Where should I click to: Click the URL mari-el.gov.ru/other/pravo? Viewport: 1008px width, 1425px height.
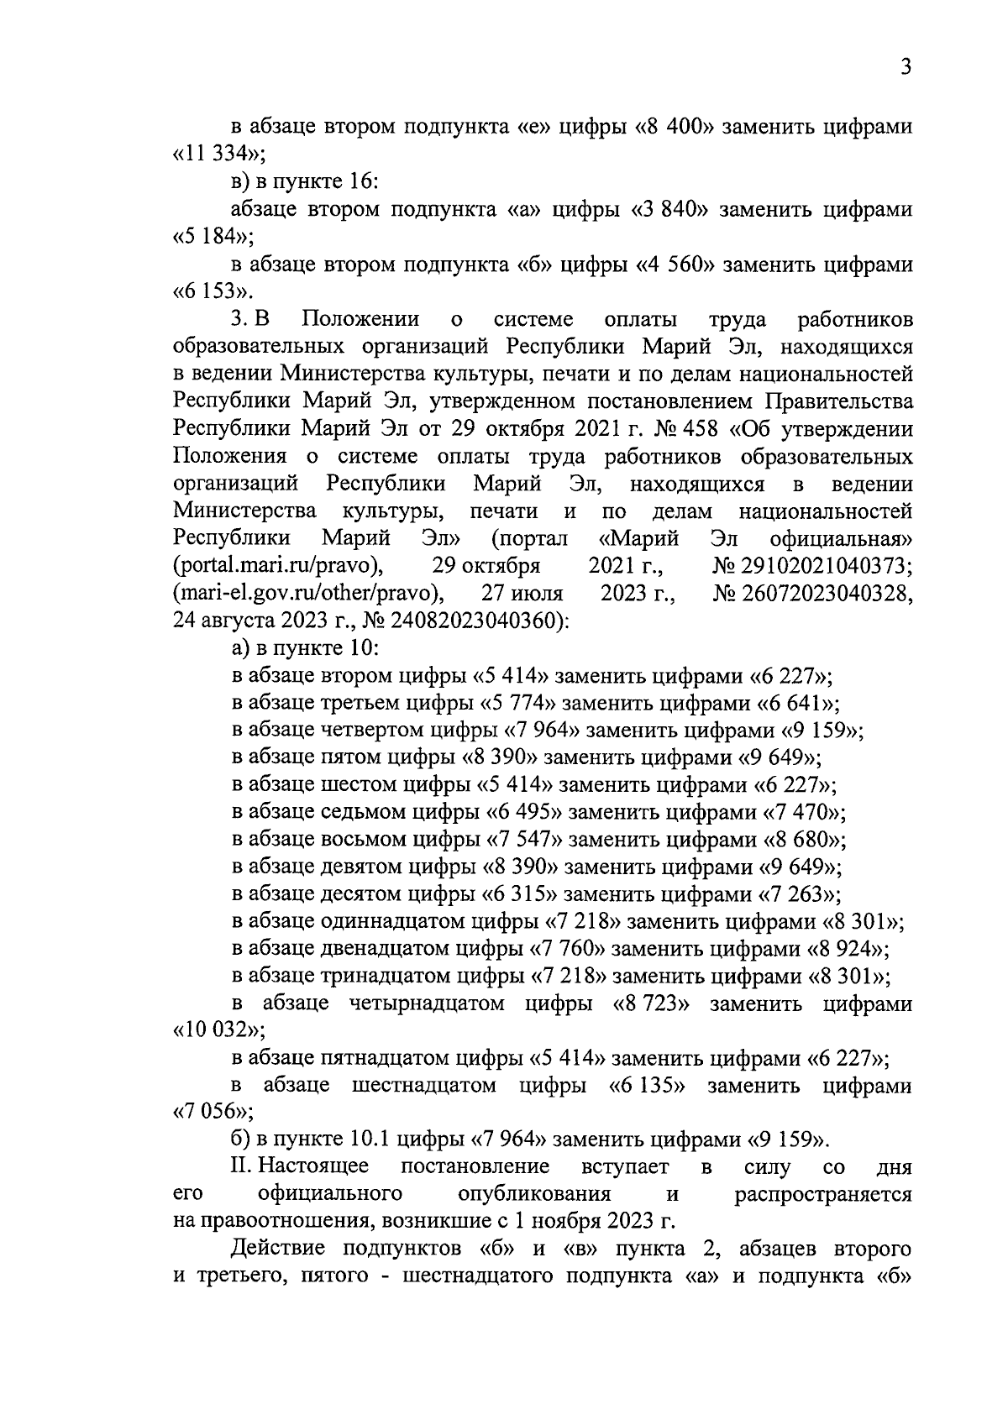click(x=307, y=594)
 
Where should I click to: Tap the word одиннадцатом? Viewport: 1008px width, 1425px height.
click(x=390, y=922)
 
